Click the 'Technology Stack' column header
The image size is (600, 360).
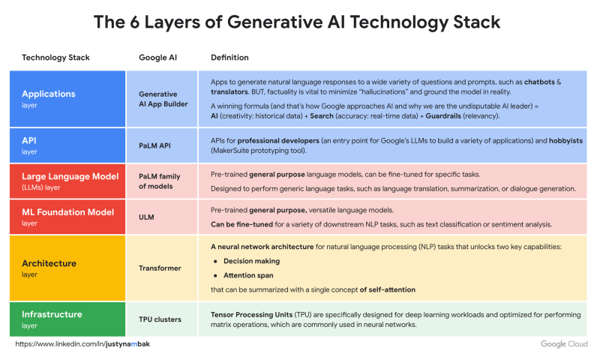(x=55, y=58)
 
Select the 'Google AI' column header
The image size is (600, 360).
(x=157, y=58)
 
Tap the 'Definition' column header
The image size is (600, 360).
(x=229, y=58)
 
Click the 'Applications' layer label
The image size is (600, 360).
(x=49, y=94)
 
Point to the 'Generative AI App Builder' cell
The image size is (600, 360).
(x=163, y=99)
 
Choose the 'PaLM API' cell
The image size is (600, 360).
(x=154, y=145)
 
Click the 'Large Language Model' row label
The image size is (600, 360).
(x=70, y=176)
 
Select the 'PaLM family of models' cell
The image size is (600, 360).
(x=159, y=181)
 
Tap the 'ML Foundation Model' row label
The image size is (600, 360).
(x=67, y=212)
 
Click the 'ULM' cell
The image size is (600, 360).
(x=146, y=217)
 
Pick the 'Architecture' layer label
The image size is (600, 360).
(x=49, y=263)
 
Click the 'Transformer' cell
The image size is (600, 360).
(x=160, y=268)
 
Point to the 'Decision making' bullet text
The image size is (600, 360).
(x=251, y=261)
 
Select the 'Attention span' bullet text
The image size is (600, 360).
(x=248, y=275)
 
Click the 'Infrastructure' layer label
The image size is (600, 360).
(x=52, y=314)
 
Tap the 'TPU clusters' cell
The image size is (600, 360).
(x=160, y=319)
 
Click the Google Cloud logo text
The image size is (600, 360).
(x=564, y=344)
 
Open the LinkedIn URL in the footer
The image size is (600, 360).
(x=82, y=344)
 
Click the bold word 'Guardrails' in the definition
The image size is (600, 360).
(x=443, y=116)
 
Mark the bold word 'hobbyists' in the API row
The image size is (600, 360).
(x=566, y=141)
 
